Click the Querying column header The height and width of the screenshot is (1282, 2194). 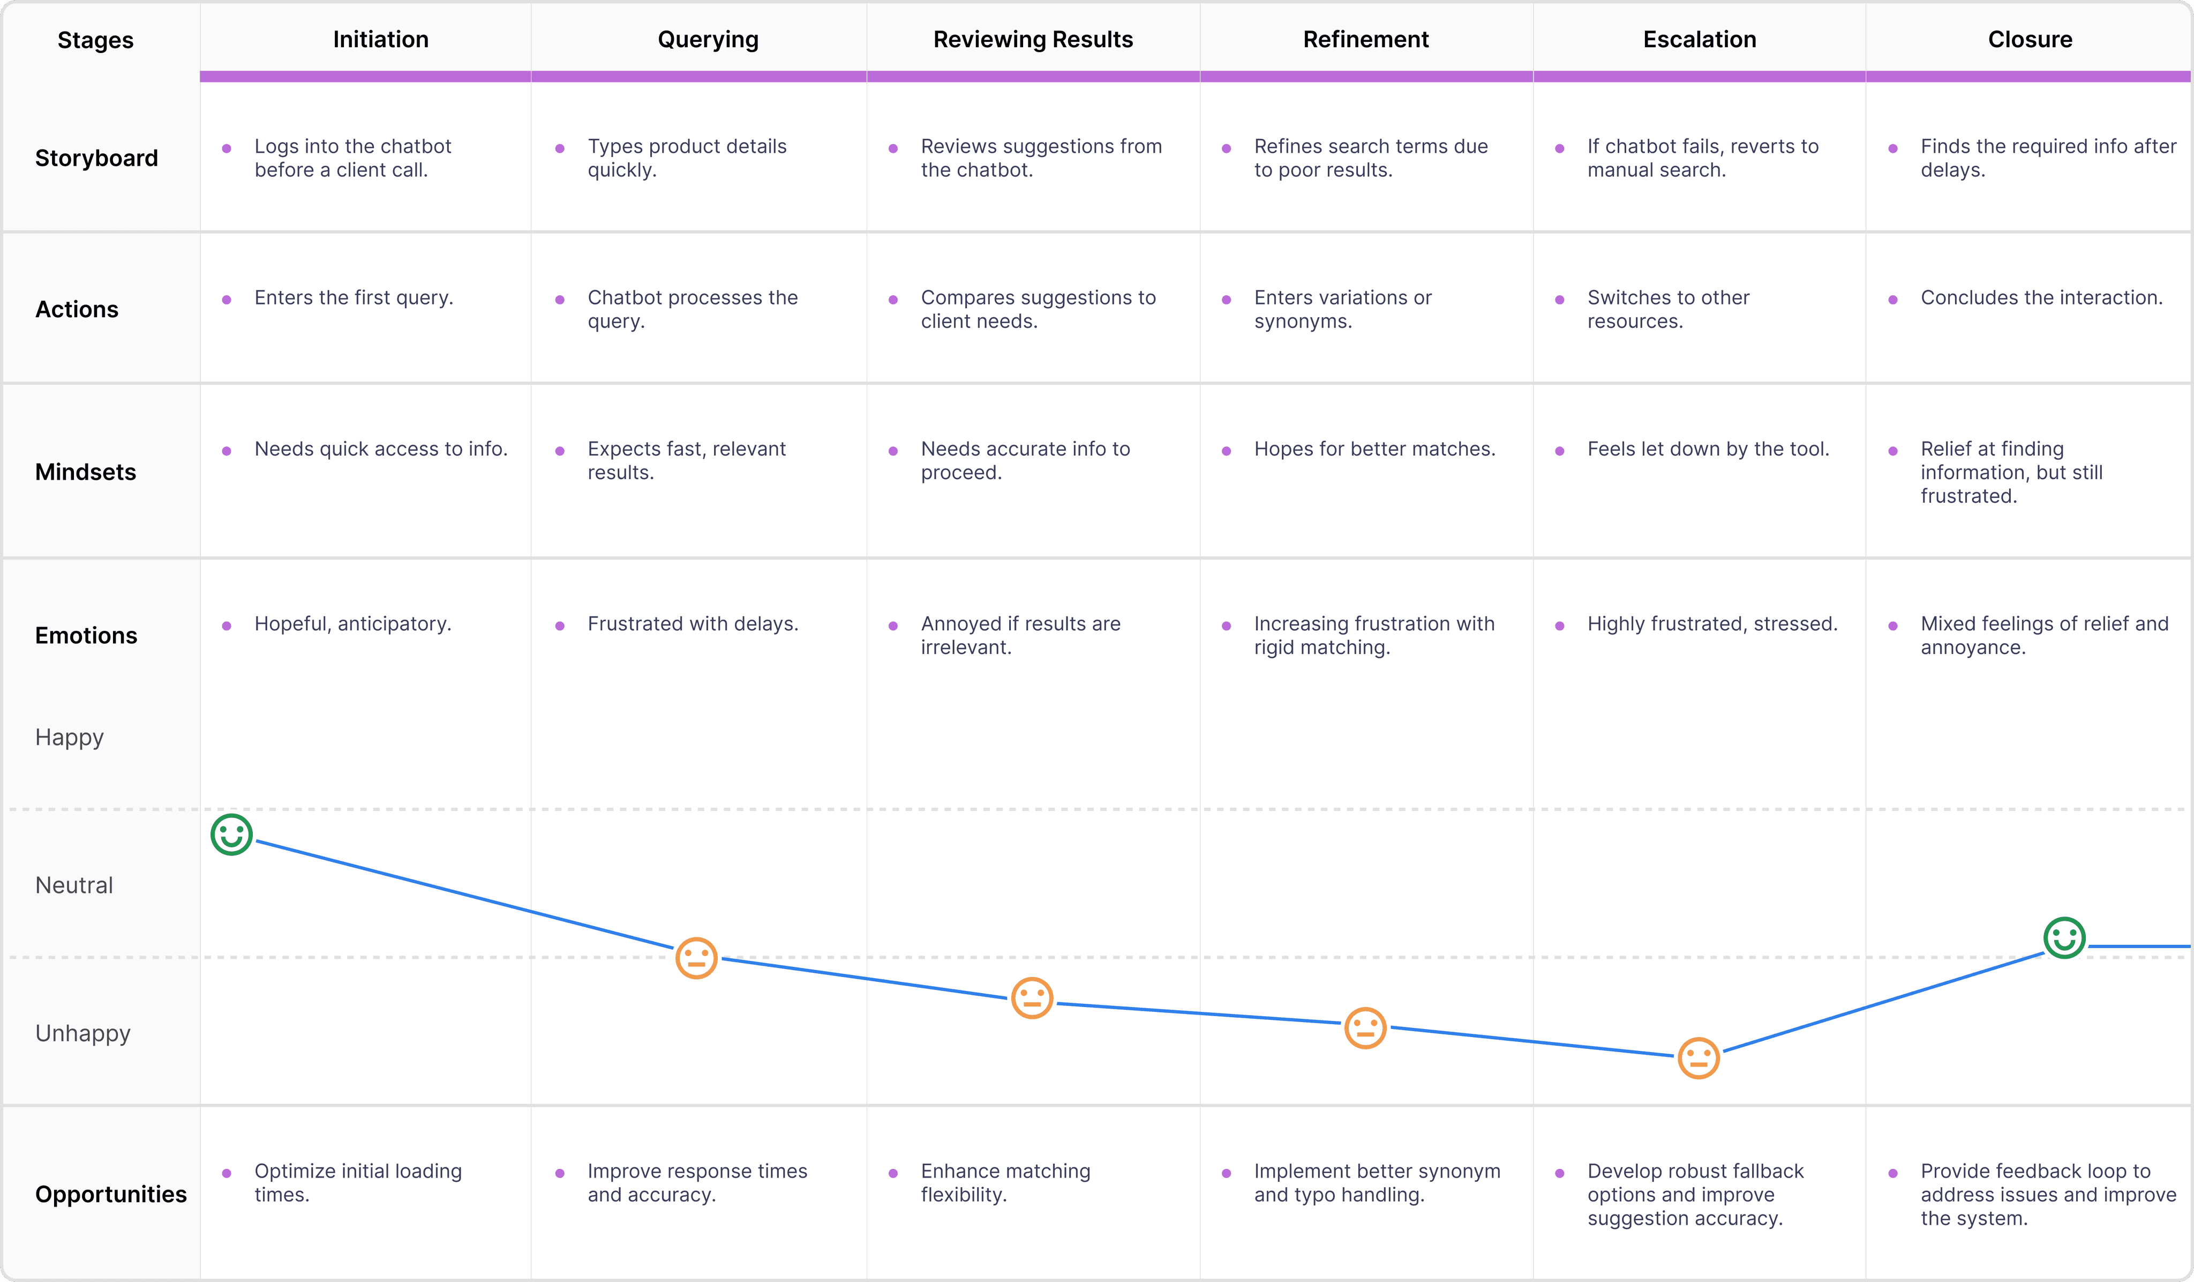tap(708, 39)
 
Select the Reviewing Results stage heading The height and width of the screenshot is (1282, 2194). tap(1033, 39)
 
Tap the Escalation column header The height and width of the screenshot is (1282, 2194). tap(1700, 39)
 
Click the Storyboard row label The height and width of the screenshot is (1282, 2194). tap(96, 159)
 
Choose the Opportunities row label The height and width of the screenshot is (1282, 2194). tap(110, 1194)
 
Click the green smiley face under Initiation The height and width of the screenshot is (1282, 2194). tap(231, 835)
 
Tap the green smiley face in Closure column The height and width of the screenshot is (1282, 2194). tap(2064, 938)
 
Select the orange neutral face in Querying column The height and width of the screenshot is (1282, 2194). tap(696, 958)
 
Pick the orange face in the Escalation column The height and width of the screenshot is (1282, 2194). tap(1699, 1058)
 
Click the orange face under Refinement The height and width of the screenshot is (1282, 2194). tap(1365, 1028)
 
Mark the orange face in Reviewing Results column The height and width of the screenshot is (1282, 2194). tap(1032, 998)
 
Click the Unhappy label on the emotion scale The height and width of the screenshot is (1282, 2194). tap(82, 1034)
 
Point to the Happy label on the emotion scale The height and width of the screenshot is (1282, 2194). tap(70, 737)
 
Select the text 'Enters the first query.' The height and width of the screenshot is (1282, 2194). tap(354, 298)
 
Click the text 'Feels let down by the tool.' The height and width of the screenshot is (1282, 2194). tap(1708, 449)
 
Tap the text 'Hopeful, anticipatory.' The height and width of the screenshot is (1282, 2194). tap(352, 624)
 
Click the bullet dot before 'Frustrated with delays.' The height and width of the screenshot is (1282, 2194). tap(560, 626)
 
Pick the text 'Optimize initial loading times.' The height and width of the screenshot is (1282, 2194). tap(358, 1183)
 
